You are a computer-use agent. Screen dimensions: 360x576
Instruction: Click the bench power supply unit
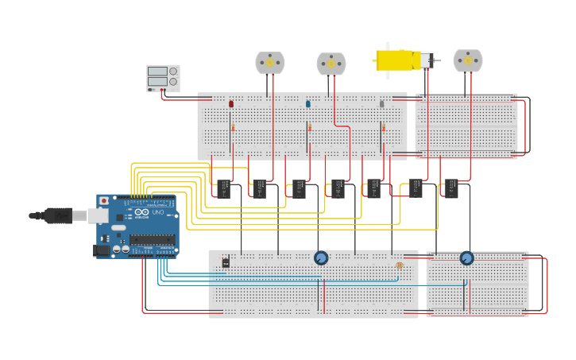tap(163, 78)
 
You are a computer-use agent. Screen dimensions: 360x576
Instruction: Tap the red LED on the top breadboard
tap(231, 104)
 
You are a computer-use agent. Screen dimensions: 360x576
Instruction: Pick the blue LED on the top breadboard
tap(308, 104)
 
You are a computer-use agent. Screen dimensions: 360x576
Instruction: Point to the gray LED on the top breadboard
tap(381, 104)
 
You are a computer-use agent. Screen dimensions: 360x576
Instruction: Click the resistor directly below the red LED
tap(233, 127)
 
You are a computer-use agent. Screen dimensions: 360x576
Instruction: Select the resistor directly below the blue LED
tap(310, 127)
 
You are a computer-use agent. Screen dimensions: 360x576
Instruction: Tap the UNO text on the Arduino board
tap(157, 212)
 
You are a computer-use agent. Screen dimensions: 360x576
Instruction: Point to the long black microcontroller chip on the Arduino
tap(153, 240)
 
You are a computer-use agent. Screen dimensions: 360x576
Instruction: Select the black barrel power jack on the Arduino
tap(102, 250)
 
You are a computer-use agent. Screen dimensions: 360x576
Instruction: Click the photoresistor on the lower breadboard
tap(399, 265)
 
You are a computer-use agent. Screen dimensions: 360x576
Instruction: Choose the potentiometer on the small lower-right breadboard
tap(466, 257)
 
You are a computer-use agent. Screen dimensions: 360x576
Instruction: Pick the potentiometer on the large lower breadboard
tap(321, 257)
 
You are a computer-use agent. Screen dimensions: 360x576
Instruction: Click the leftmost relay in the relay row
tap(224, 188)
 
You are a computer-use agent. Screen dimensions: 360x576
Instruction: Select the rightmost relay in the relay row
tap(450, 188)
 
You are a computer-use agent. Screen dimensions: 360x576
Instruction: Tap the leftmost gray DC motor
tap(269, 62)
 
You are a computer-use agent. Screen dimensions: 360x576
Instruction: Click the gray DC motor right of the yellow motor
tap(467, 60)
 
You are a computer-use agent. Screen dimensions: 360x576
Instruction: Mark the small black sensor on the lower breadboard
tap(226, 262)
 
